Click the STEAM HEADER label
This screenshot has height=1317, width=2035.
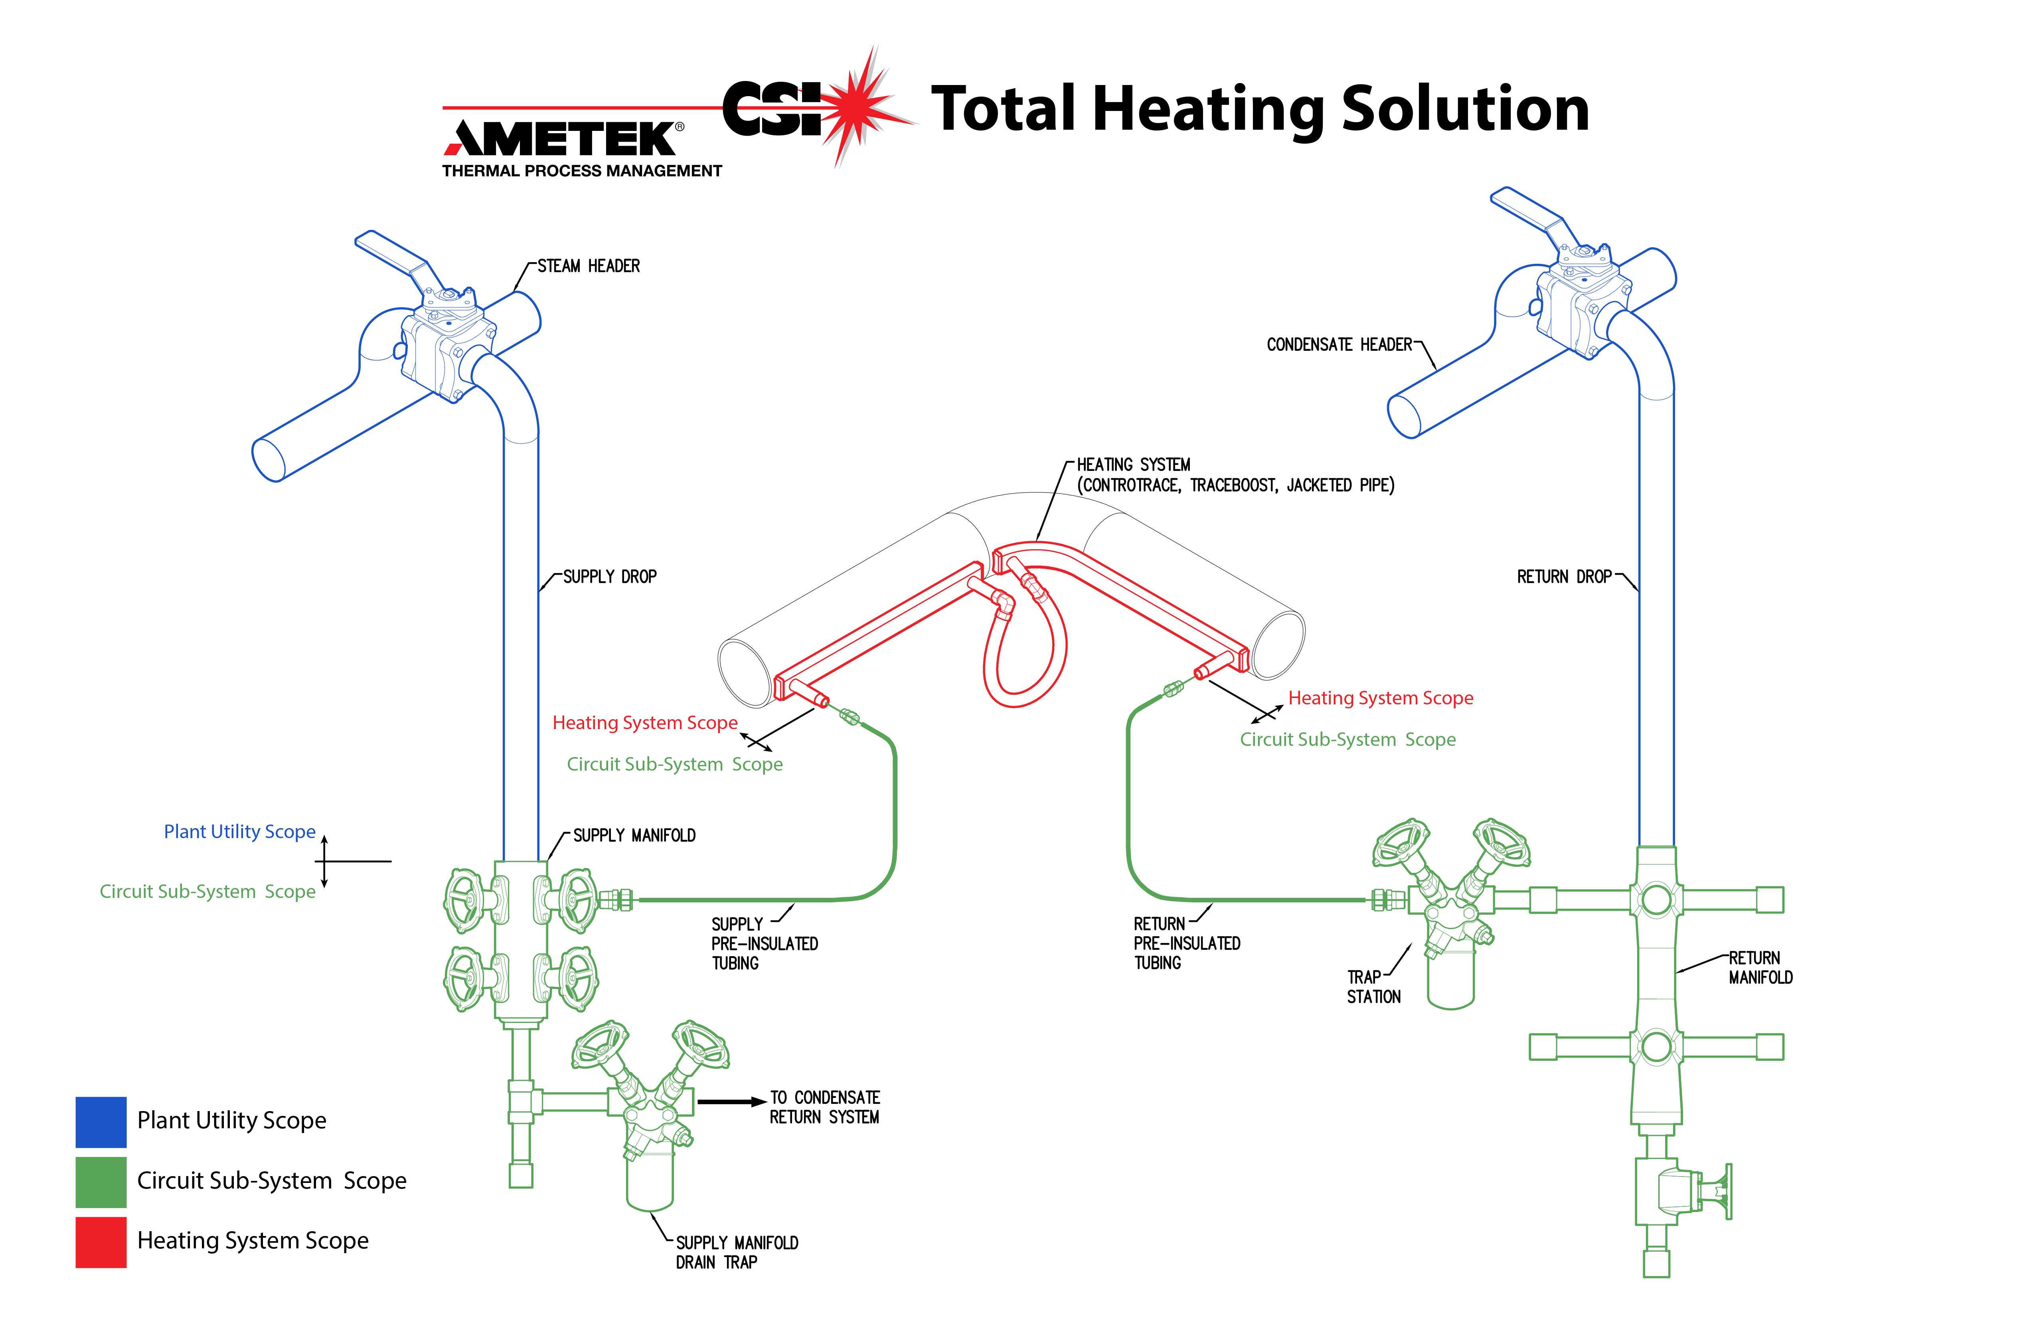click(x=588, y=266)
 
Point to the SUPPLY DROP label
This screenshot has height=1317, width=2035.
click(x=610, y=576)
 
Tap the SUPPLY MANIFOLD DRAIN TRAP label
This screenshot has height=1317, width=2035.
click(x=736, y=1252)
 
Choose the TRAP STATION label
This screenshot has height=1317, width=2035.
click(x=1373, y=987)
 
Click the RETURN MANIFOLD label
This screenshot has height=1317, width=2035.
click(x=1760, y=967)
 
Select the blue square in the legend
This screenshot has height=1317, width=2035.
click(x=101, y=1121)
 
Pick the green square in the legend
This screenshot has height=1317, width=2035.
click(x=101, y=1181)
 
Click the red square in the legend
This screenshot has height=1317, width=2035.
click(x=101, y=1241)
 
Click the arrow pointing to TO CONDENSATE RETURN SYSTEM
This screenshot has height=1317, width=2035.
click(x=731, y=1101)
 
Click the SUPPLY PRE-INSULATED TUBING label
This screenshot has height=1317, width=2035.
click(x=764, y=943)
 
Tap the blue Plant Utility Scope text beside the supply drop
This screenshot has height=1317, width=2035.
click(x=239, y=831)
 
